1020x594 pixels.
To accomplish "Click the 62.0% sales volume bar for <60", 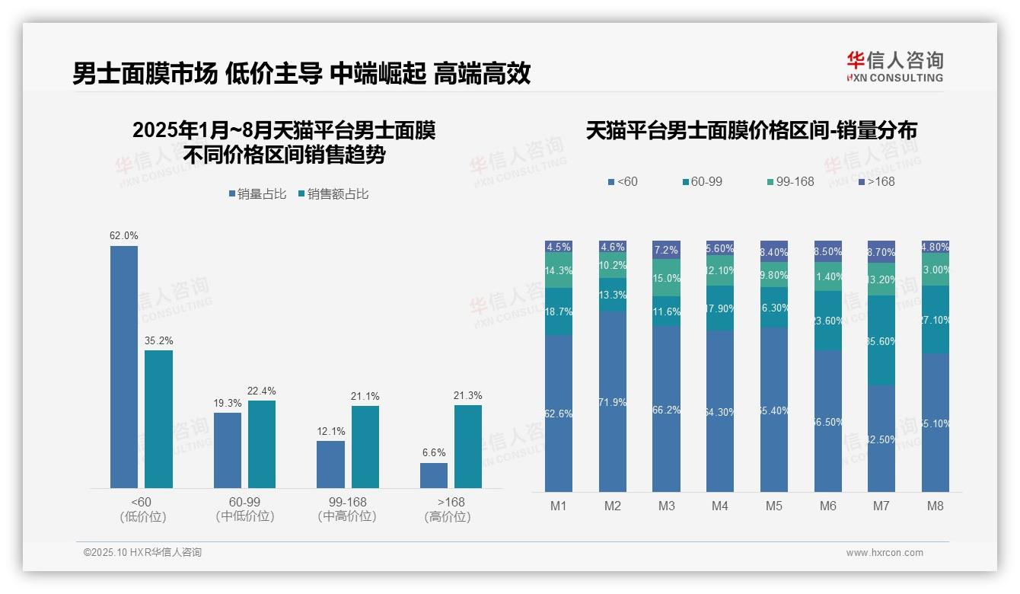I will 124,366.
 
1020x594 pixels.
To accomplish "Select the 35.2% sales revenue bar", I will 158,419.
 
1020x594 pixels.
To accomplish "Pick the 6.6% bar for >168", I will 434,475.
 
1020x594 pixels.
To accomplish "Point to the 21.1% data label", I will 365,396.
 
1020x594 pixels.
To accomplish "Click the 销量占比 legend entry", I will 257,194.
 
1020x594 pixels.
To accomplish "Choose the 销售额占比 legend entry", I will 333,194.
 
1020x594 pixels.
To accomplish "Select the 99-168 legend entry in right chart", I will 790,181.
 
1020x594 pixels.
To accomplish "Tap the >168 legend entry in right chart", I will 877,181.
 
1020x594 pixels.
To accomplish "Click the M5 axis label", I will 774,506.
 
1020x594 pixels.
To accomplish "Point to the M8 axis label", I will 936,506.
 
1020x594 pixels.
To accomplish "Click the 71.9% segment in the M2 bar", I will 613,401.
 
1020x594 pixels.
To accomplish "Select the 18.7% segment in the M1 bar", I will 559,311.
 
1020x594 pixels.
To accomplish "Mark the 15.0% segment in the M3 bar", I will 667,278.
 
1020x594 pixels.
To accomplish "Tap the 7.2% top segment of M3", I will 667,250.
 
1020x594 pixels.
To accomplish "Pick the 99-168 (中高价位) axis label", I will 347,509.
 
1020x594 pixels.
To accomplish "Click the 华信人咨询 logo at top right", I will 894,65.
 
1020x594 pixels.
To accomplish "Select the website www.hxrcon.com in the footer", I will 885,553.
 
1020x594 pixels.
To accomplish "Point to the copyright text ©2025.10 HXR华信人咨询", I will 142,553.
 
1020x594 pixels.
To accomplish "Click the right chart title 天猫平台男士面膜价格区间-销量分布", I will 751,131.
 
